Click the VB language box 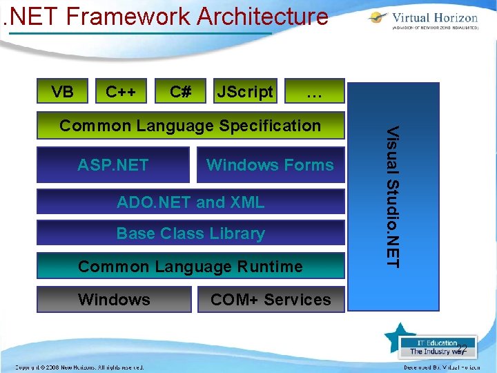(63, 92)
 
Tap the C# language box (181, 92)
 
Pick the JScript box (245, 92)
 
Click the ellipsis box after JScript (315, 92)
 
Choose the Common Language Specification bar (190, 126)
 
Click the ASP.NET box (113, 164)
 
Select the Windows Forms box (270, 164)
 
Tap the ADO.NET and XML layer (190, 202)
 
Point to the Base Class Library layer (190, 233)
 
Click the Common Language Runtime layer (190, 266)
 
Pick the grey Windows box (114, 300)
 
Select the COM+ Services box (270, 300)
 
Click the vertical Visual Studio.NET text (392, 197)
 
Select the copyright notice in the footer (79, 367)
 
